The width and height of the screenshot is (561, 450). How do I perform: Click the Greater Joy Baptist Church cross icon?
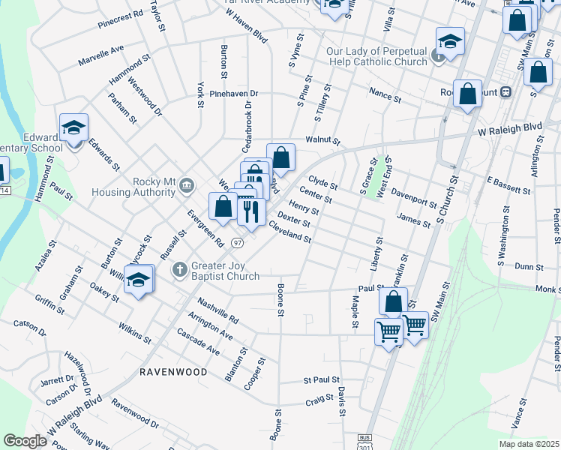(x=179, y=269)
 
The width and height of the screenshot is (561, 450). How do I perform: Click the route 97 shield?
(x=237, y=242)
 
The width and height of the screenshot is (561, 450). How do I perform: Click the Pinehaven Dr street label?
(x=233, y=94)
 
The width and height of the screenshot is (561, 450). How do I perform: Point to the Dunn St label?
(x=529, y=265)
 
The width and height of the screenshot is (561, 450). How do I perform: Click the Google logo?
(x=25, y=440)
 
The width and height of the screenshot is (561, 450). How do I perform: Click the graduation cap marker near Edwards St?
(x=74, y=128)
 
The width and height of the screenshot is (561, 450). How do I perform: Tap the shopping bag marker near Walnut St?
(x=280, y=157)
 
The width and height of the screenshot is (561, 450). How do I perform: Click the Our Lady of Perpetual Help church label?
(x=376, y=56)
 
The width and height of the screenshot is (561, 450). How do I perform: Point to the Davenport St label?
(x=414, y=197)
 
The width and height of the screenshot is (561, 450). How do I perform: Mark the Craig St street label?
(x=319, y=403)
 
